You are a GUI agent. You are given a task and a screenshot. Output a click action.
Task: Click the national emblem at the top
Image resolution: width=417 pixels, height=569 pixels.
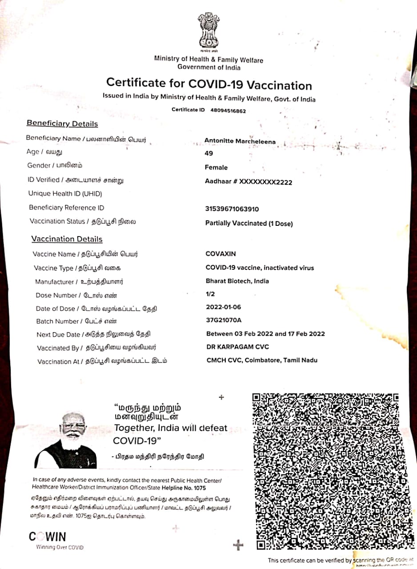(208, 31)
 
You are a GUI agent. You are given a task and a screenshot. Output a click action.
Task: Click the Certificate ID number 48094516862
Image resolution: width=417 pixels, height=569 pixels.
(228, 111)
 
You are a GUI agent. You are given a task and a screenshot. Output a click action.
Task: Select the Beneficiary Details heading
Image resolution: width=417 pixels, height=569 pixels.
(62, 124)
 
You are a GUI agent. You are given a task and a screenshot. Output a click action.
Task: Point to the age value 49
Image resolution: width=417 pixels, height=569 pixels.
(208, 153)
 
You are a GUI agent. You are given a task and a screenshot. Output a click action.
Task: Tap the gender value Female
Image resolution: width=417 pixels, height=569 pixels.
(216, 168)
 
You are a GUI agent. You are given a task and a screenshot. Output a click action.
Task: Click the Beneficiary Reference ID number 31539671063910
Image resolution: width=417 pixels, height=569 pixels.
(232, 209)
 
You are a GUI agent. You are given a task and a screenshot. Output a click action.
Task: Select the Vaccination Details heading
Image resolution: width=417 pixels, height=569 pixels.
(67, 239)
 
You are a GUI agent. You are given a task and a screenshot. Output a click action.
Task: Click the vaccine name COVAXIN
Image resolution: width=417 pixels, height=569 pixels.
(221, 254)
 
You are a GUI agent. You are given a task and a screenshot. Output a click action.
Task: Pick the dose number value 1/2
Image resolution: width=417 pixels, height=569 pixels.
(210, 294)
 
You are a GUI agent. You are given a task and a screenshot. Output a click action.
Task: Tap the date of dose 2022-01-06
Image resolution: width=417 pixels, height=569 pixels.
(224, 307)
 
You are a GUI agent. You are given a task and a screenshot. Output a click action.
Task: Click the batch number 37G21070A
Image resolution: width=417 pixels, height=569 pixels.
(224, 320)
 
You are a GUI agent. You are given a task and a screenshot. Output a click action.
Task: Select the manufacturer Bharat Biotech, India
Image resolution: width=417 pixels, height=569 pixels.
(237, 281)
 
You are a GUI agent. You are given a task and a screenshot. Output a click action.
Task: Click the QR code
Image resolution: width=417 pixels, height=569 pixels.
(331, 471)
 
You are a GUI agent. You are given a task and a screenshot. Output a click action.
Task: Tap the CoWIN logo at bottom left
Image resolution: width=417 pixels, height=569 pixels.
(48, 537)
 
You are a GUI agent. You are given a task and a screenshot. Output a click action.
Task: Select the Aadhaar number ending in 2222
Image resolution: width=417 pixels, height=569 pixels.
(249, 182)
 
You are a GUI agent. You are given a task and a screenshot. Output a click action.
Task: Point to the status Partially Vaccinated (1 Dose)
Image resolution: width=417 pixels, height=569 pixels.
(249, 224)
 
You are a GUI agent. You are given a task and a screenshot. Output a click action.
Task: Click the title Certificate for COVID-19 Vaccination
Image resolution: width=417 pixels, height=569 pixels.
(209, 84)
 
